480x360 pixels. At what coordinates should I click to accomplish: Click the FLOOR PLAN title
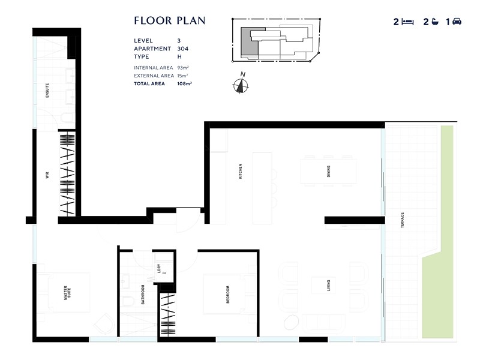coord(170,21)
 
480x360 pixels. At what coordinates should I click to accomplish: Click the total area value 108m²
coord(184,84)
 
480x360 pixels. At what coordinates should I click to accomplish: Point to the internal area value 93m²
coord(183,68)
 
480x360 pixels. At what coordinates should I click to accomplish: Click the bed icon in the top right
coord(408,22)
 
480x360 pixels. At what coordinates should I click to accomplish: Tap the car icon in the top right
coord(456,22)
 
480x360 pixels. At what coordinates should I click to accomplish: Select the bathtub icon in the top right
coord(432,22)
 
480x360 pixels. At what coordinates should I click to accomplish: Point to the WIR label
coord(48,175)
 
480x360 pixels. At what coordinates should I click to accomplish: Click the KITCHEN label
coord(239,172)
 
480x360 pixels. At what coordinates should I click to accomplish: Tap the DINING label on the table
coord(328,172)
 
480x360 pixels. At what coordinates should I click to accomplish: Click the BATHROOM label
coord(143,295)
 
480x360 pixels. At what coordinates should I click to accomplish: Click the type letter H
coord(179,57)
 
